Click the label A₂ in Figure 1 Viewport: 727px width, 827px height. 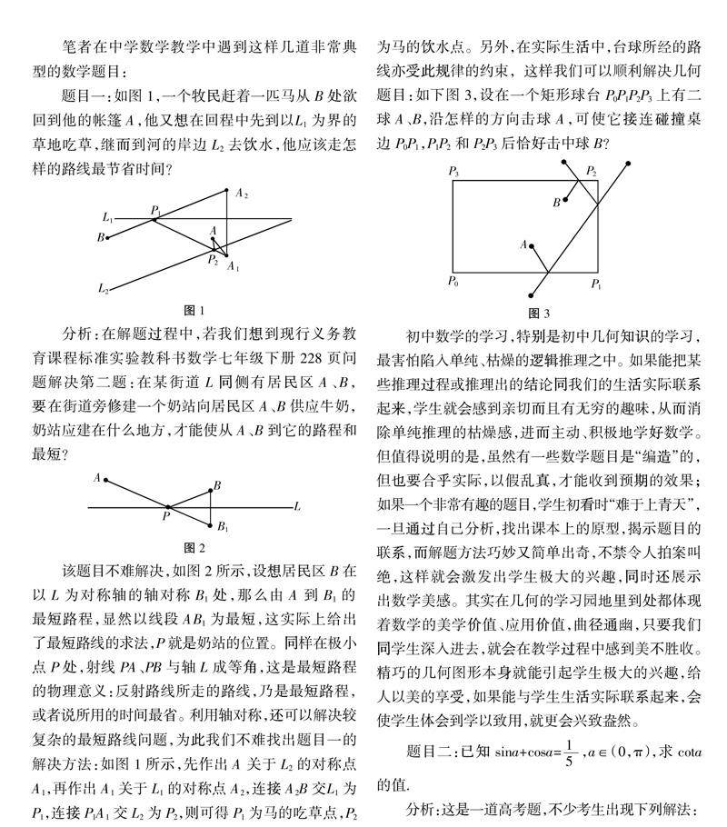click(241, 194)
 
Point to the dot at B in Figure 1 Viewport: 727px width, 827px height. click(108, 238)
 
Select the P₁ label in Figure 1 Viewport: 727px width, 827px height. click(155, 210)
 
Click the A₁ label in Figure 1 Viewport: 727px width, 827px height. click(234, 267)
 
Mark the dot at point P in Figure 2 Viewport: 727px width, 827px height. click(167, 506)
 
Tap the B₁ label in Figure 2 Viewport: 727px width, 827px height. click(222, 526)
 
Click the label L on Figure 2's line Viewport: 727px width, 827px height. click(297, 506)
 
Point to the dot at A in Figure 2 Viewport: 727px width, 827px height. click(106, 479)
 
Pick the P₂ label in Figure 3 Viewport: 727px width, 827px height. click(592, 171)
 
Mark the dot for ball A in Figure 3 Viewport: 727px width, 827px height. click(532, 244)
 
